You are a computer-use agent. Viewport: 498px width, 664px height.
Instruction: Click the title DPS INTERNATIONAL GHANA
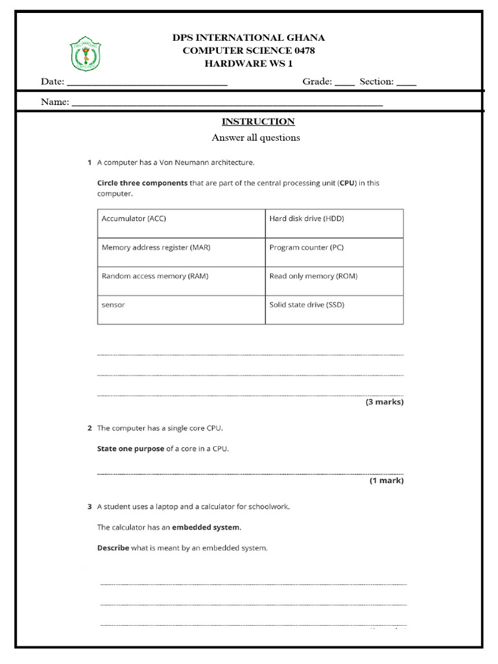248,38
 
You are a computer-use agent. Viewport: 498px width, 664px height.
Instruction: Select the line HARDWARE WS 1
248,63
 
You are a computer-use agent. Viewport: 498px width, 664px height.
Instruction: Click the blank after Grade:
345,83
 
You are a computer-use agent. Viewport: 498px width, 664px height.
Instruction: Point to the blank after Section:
407,83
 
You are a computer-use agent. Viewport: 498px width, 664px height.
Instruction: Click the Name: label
55,102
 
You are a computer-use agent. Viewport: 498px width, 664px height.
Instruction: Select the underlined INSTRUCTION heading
258,121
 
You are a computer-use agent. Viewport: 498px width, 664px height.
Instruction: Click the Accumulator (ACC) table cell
181,223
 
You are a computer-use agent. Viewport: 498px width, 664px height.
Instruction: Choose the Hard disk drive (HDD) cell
334,223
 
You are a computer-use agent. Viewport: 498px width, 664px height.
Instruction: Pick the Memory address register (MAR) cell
181,252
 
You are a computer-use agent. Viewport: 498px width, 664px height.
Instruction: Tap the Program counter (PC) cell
334,252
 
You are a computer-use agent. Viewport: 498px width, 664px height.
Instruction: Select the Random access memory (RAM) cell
181,281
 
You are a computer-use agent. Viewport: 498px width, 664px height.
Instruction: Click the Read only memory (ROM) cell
334,281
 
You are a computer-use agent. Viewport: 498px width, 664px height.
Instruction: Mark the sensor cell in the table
181,309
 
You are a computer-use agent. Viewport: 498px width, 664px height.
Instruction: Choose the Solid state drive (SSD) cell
334,309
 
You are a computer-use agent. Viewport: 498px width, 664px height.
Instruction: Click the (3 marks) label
385,402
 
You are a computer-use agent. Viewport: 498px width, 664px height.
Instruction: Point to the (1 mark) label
386,480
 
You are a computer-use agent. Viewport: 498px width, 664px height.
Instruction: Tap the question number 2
89,428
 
